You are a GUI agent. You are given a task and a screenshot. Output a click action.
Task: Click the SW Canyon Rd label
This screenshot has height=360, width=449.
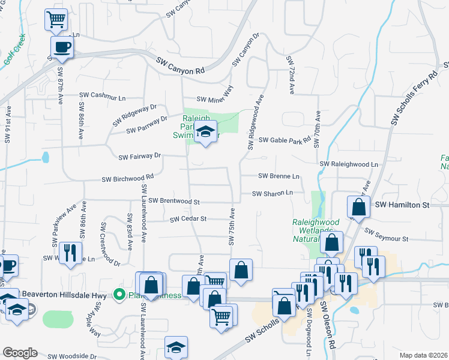click(x=180, y=66)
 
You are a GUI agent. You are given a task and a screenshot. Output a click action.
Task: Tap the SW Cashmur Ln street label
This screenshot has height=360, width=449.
click(x=103, y=97)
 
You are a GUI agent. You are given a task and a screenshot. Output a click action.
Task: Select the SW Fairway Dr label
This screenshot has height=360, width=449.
click(x=140, y=157)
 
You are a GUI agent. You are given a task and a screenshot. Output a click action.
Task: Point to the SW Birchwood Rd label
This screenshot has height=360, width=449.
click(x=128, y=178)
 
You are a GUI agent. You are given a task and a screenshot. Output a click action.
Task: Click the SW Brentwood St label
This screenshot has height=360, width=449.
click(x=173, y=201)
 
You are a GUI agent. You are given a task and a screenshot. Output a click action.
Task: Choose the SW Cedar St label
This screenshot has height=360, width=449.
click(x=188, y=219)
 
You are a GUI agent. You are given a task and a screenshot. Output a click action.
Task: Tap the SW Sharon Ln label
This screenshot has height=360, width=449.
click(x=272, y=193)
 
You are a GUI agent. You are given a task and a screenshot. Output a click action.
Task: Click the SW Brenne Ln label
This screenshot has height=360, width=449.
click(x=279, y=176)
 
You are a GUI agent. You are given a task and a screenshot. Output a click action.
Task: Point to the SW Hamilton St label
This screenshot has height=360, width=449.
click(x=403, y=205)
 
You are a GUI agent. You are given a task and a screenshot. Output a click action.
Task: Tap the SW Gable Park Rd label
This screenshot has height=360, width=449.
click(x=285, y=140)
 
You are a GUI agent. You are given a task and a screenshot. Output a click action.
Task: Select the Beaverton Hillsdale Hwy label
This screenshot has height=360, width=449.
click(x=67, y=295)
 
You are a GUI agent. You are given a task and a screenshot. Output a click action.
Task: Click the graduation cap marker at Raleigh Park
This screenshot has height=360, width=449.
click(x=205, y=132)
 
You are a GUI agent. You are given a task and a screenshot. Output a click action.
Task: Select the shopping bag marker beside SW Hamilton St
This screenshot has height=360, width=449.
click(x=358, y=208)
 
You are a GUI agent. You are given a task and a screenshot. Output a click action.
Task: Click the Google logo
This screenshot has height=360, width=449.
click(x=20, y=352)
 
